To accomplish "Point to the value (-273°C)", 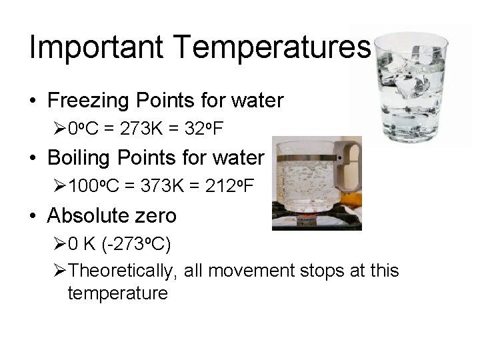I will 136,243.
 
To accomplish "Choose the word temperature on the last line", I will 117,293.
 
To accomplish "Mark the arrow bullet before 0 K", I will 58,243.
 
